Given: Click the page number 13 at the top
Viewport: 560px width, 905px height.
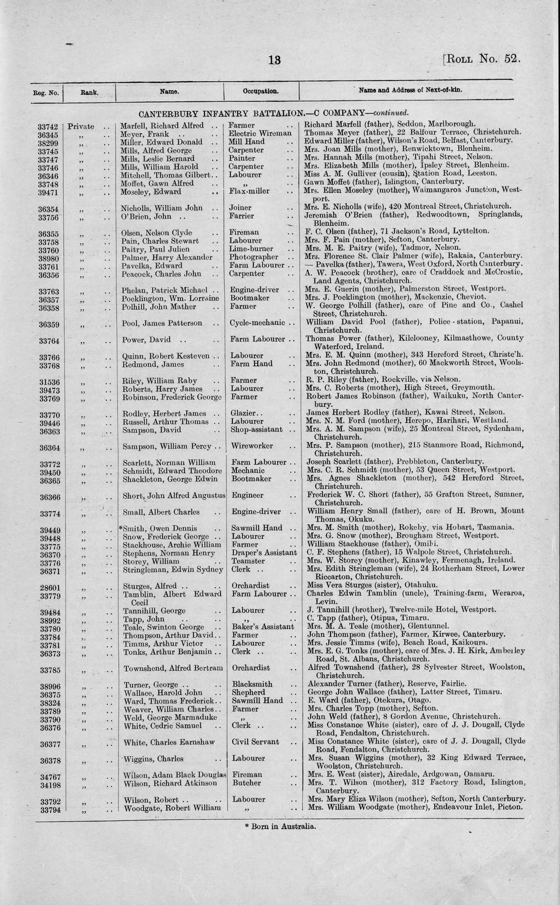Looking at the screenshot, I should (275, 60).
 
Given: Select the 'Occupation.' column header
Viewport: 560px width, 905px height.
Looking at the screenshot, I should (261, 91).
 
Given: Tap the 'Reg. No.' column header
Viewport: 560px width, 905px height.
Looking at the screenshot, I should (46, 93).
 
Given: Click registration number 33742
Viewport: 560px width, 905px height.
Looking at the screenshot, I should (48, 127).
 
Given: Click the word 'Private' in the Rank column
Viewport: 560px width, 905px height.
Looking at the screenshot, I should (81, 127).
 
